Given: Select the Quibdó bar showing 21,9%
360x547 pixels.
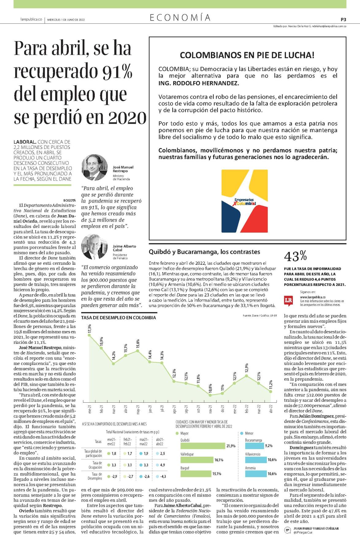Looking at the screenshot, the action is [x=203, y=446].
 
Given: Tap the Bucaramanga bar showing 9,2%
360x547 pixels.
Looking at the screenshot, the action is [x=254, y=446].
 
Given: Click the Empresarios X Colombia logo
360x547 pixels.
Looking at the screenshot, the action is [x=244, y=201].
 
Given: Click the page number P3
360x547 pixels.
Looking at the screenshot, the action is [x=343, y=19].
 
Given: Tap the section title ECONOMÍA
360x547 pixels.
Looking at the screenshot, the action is [x=180, y=18].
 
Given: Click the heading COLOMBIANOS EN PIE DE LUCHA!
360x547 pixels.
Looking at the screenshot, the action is [x=247, y=55].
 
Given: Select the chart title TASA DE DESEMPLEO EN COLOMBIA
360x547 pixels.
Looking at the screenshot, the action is [x=118, y=317].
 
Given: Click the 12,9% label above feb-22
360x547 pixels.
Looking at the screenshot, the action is [x=247, y=368].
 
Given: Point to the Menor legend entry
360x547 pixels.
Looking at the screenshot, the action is [x=247, y=433].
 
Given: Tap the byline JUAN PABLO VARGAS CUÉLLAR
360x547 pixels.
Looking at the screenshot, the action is [x=316, y=537].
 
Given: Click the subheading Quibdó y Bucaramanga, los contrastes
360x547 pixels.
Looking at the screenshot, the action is [x=205, y=252].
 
